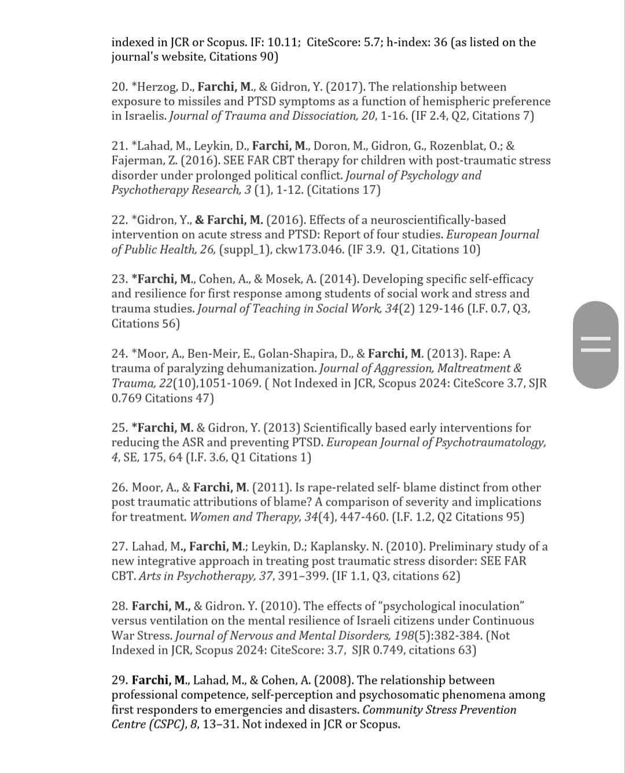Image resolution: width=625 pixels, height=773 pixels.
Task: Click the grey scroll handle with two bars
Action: tap(595, 345)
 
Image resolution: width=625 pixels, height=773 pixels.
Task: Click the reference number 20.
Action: tap(119, 87)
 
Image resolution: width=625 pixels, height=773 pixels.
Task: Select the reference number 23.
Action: tap(119, 279)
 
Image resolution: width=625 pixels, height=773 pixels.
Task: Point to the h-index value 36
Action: tap(440, 42)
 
